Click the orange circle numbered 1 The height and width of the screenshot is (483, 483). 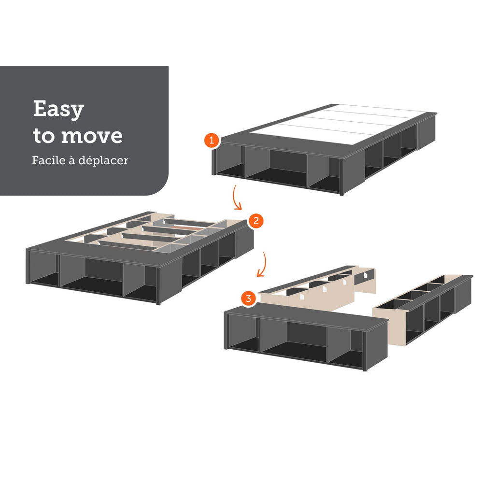[212, 141]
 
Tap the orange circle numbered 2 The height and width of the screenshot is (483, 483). [256, 221]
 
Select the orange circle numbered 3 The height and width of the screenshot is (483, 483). [248, 298]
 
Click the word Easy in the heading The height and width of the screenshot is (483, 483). [58, 109]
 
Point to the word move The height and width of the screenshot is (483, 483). [92, 136]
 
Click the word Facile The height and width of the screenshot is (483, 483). [49, 160]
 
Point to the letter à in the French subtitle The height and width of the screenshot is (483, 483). [72, 160]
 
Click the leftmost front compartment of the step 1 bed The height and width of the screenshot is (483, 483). [229, 162]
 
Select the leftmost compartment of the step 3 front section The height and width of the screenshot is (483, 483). [243, 333]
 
